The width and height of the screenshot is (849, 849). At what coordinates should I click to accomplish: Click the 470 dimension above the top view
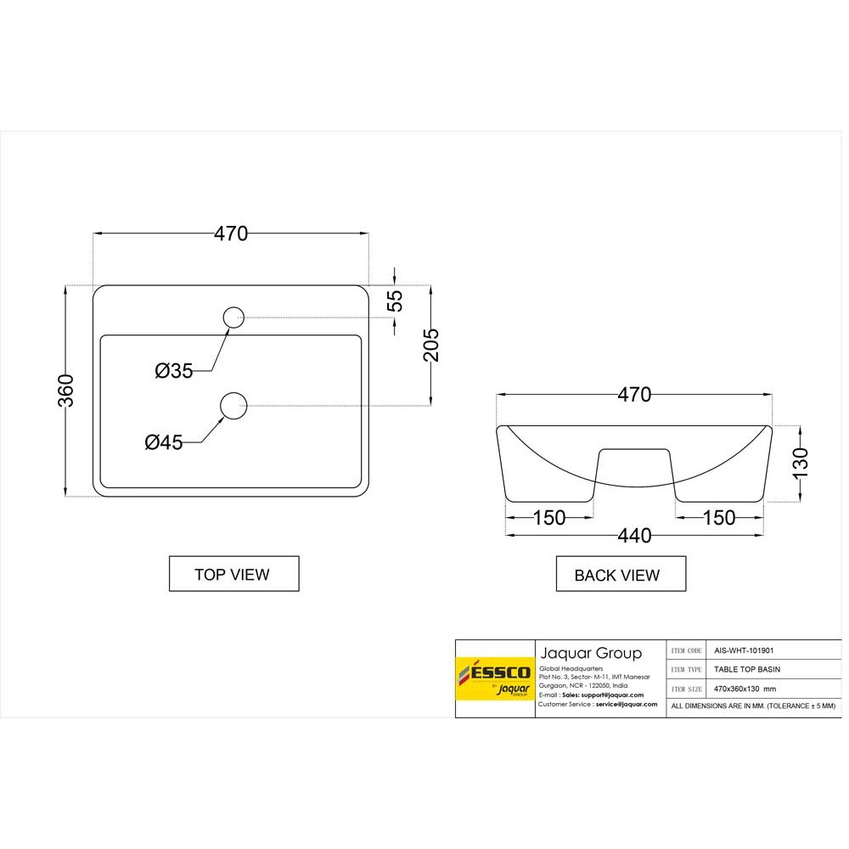click(x=230, y=233)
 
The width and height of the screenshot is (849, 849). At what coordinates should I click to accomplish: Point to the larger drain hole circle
click(x=233, y=406)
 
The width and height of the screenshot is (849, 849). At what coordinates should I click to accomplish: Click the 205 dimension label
click(x=431, y=344)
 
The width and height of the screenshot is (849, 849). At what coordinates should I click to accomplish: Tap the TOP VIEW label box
click(x=233, y=574)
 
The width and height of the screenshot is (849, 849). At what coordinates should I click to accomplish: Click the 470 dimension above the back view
click(x=634, y=395)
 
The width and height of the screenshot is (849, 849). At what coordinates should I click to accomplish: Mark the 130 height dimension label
click(x=801, y=464)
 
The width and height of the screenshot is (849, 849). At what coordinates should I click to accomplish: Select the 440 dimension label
click(x=634, y=536)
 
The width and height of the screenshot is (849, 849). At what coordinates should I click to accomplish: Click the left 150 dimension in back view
click(x=549, y=517)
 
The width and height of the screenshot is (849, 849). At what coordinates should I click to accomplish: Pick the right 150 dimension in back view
click(x=719, y=517)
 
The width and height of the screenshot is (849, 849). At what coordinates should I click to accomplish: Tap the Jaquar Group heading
click(x=591, y=653)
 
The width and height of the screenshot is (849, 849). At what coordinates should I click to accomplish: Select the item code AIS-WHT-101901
click(x=744, y=650)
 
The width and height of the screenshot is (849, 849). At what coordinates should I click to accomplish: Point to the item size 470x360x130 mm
click(x=745, y=689)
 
